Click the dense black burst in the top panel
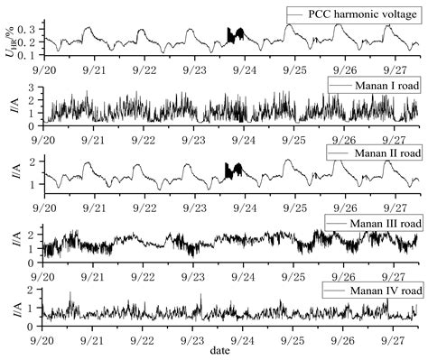tap(235, 35)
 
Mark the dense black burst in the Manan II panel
tap(234, 171)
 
